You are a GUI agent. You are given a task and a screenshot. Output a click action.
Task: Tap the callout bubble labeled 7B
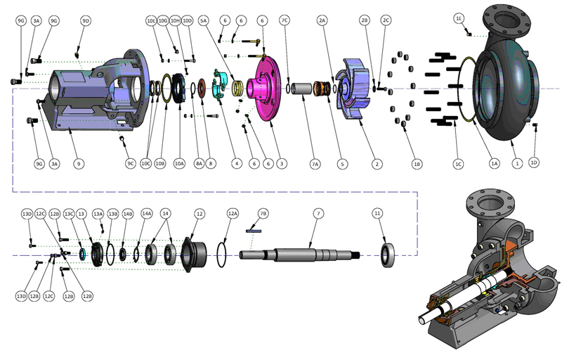click(263, 213)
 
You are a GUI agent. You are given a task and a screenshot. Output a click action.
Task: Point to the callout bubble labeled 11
click(378, 213)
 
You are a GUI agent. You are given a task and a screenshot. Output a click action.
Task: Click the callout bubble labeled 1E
click(459, 18)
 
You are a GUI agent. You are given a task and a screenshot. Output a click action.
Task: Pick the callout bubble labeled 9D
click(86, 21)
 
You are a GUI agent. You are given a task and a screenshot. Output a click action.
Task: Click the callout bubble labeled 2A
click(322, 21)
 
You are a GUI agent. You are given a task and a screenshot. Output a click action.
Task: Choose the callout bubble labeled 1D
click(534, 163)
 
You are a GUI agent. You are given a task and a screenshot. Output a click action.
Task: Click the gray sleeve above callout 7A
click(301, 89)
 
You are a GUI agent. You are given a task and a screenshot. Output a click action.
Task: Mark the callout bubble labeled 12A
click(233, 213)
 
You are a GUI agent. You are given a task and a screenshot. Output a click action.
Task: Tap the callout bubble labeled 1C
click(458, 164)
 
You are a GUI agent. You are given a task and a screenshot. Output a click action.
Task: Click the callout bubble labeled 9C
click(130, 164)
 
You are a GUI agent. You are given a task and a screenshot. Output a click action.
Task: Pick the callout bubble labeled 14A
click(146, 213)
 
